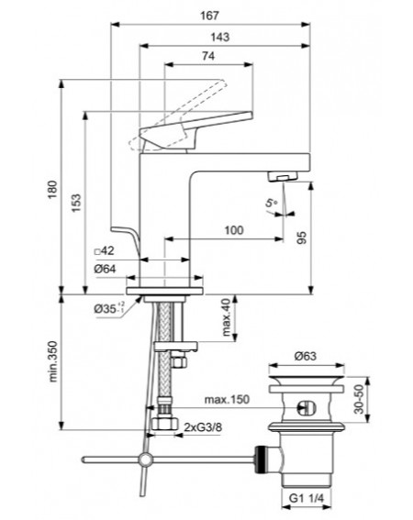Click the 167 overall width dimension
click(210, 16)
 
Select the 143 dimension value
click(219, 37)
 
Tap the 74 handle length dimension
click(208, 56)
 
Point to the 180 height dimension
click(53, 190)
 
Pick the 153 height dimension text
click(76, 203)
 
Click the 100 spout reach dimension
click(234, 230)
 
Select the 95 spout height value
click(302, 238)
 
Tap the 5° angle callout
click(272, 203)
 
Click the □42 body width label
click(105, 250)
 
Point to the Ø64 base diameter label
click(105, 269)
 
